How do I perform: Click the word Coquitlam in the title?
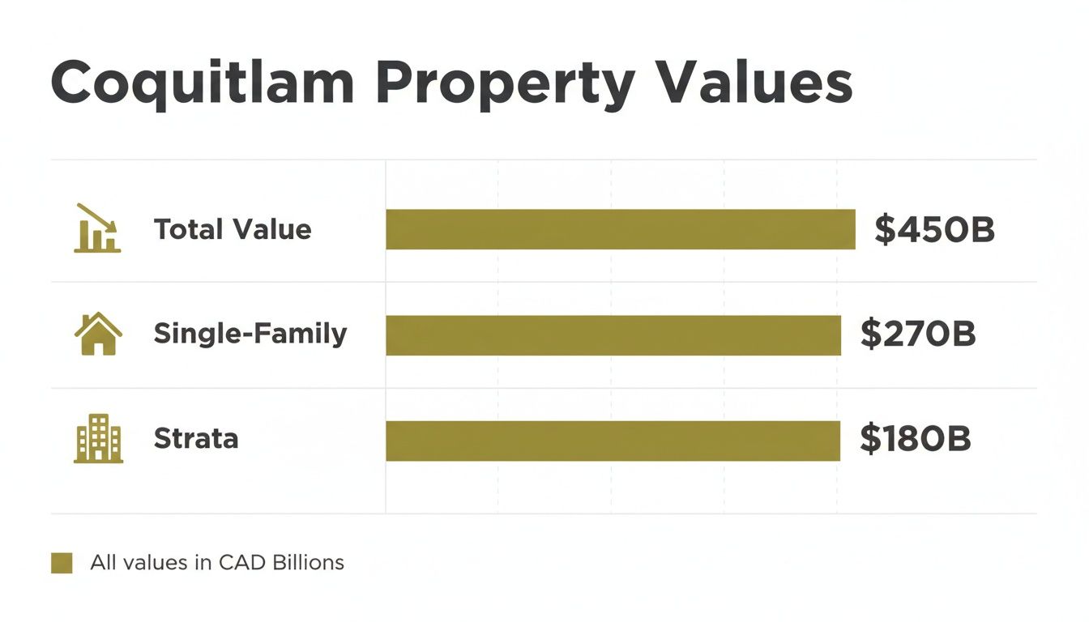coord(203,83)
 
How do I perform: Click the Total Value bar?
coord(620,229)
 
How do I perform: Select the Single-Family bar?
coord(613,335)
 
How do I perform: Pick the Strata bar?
coord(613,441)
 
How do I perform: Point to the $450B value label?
coord(934,230)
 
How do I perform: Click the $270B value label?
coord(918,334)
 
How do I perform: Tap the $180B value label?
coord(915,439)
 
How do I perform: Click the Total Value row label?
coord(233,230)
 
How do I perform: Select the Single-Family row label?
coord(250,334)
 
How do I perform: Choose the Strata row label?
coord(195,439)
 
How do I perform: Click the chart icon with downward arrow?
coord(97,228)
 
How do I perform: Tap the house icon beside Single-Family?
coord(98,334)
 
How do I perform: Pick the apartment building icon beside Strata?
coord(98,439)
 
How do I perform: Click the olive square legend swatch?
coord(62,563)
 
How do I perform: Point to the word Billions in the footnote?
coord(307,562)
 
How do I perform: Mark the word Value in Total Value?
coord(272,230)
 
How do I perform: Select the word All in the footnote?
coord(104,562)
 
